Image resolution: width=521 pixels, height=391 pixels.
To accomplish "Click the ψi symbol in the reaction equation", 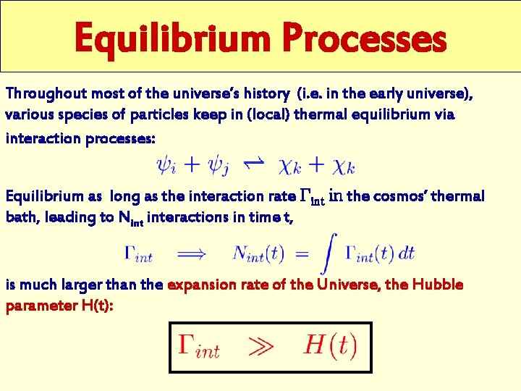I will pyautogui.click(x=164, y=167).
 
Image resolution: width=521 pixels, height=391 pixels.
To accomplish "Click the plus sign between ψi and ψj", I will pyautogui.click(x=193, y=166).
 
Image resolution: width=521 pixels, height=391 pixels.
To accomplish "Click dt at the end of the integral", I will pyautogui.click(x=405, y=253).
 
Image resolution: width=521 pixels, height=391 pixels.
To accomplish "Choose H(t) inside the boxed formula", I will pyautogui.click(x=329, y=345).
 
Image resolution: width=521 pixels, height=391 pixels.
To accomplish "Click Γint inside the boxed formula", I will pyautogui.click(x=198, y=347).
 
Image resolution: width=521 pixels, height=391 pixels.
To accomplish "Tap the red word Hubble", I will pyautogui.click(x=437, y=285).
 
